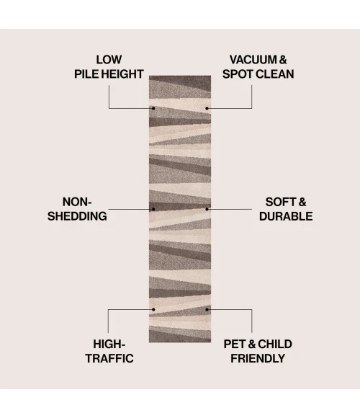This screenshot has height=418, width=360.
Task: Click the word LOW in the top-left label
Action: [109, 60]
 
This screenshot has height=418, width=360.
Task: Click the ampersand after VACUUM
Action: [283, 60]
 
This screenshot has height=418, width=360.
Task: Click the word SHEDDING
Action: [77, 216]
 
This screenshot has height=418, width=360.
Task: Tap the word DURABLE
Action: [286, 216]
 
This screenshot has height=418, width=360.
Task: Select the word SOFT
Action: [279, 202]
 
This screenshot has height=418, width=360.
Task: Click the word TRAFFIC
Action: [109, 358]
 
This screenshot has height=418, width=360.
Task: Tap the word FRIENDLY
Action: [258, 358]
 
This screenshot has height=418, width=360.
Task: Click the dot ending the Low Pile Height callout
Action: [153, 108]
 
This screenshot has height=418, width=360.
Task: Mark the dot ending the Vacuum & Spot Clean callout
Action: [207, 108]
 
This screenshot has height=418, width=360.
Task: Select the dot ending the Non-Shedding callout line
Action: [153, 209]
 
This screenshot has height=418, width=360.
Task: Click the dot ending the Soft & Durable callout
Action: [207, 209]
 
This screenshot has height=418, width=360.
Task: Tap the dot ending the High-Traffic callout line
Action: [153, 309]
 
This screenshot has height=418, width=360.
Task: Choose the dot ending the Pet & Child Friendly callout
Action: [207, 309]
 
